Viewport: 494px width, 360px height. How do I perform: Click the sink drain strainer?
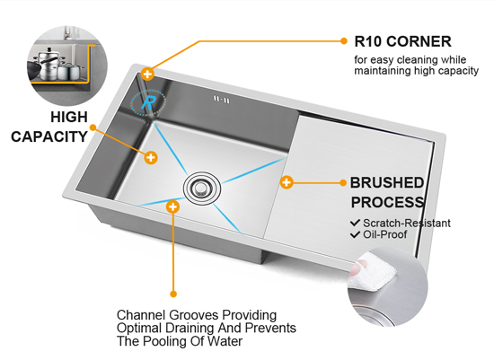pyautogui.click(x=201, y=188)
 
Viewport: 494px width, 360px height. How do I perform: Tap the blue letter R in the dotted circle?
pyautogui.click(x=148, y=102)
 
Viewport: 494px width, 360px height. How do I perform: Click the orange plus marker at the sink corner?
pyautogui.click(x=147, y=75)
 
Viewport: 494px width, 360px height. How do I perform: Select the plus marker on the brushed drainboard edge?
pyautogui.click(x=287, y=182)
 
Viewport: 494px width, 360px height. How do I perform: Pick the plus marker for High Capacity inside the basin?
pyautogui.click(x=151, y=157)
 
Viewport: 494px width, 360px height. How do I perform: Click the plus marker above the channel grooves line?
pyautogui.click(x=172, y=206)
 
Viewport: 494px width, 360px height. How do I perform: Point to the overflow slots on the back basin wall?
pyautogui.click(x=222, y=100)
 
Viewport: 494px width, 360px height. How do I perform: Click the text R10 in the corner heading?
pyautogui.click(x=367, y=41)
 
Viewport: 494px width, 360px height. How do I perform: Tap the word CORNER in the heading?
pyautogui.click(x=419, y=41)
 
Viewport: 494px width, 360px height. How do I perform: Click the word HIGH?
pyautogui.click(x=69, y=118)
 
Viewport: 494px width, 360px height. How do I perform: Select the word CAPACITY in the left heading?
pyautogui.click(x=49, y=136)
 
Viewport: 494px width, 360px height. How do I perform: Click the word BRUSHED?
pyautogui.click(x=387, y=182)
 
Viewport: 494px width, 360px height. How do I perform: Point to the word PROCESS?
pyautogui.click(x=387, y=202)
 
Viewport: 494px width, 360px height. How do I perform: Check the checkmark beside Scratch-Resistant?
pyautogui.click(x=355, y=223)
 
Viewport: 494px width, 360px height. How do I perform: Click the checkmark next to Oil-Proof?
pyautogui.click(x=355, y=234)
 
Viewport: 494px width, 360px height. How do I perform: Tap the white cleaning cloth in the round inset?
pyautogui.click(x=372, y=272)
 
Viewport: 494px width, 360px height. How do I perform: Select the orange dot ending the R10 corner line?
pyautogui.click(x=344, y=41)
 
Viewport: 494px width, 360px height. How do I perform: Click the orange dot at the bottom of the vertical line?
pyautogui.click(x=173, y=294)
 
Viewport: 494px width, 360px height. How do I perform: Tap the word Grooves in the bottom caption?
pyautogui.click(x=193, y=315)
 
